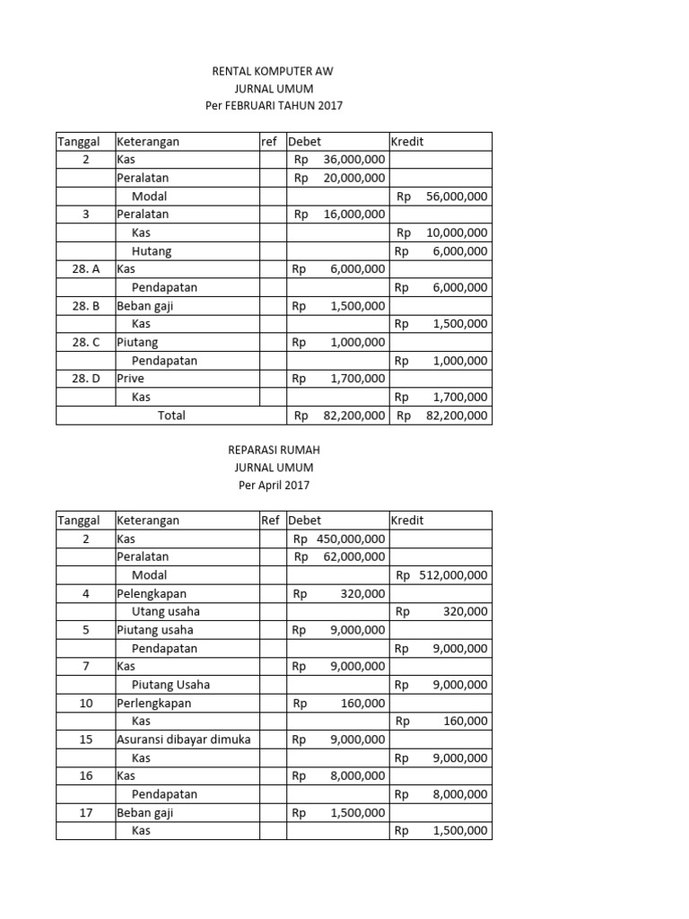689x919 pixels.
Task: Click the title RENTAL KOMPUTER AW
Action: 274,70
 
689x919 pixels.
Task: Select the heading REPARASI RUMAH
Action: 274,450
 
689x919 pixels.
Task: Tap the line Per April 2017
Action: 274,486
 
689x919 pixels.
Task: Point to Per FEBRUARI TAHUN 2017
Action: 274,106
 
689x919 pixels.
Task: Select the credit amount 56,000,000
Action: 455,197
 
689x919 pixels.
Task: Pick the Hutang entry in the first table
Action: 152,251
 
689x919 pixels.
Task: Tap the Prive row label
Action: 131,379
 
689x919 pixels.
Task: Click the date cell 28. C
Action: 86,342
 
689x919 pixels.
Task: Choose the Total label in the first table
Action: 171,416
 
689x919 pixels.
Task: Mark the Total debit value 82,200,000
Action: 353,416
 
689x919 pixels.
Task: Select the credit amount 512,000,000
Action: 453,575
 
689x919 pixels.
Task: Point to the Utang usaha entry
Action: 166,611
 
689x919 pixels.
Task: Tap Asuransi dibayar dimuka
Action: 184,740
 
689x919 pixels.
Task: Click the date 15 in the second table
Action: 86,740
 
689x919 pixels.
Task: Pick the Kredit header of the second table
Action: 407,521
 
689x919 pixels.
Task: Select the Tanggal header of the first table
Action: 79,142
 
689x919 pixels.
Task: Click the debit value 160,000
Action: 363,703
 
